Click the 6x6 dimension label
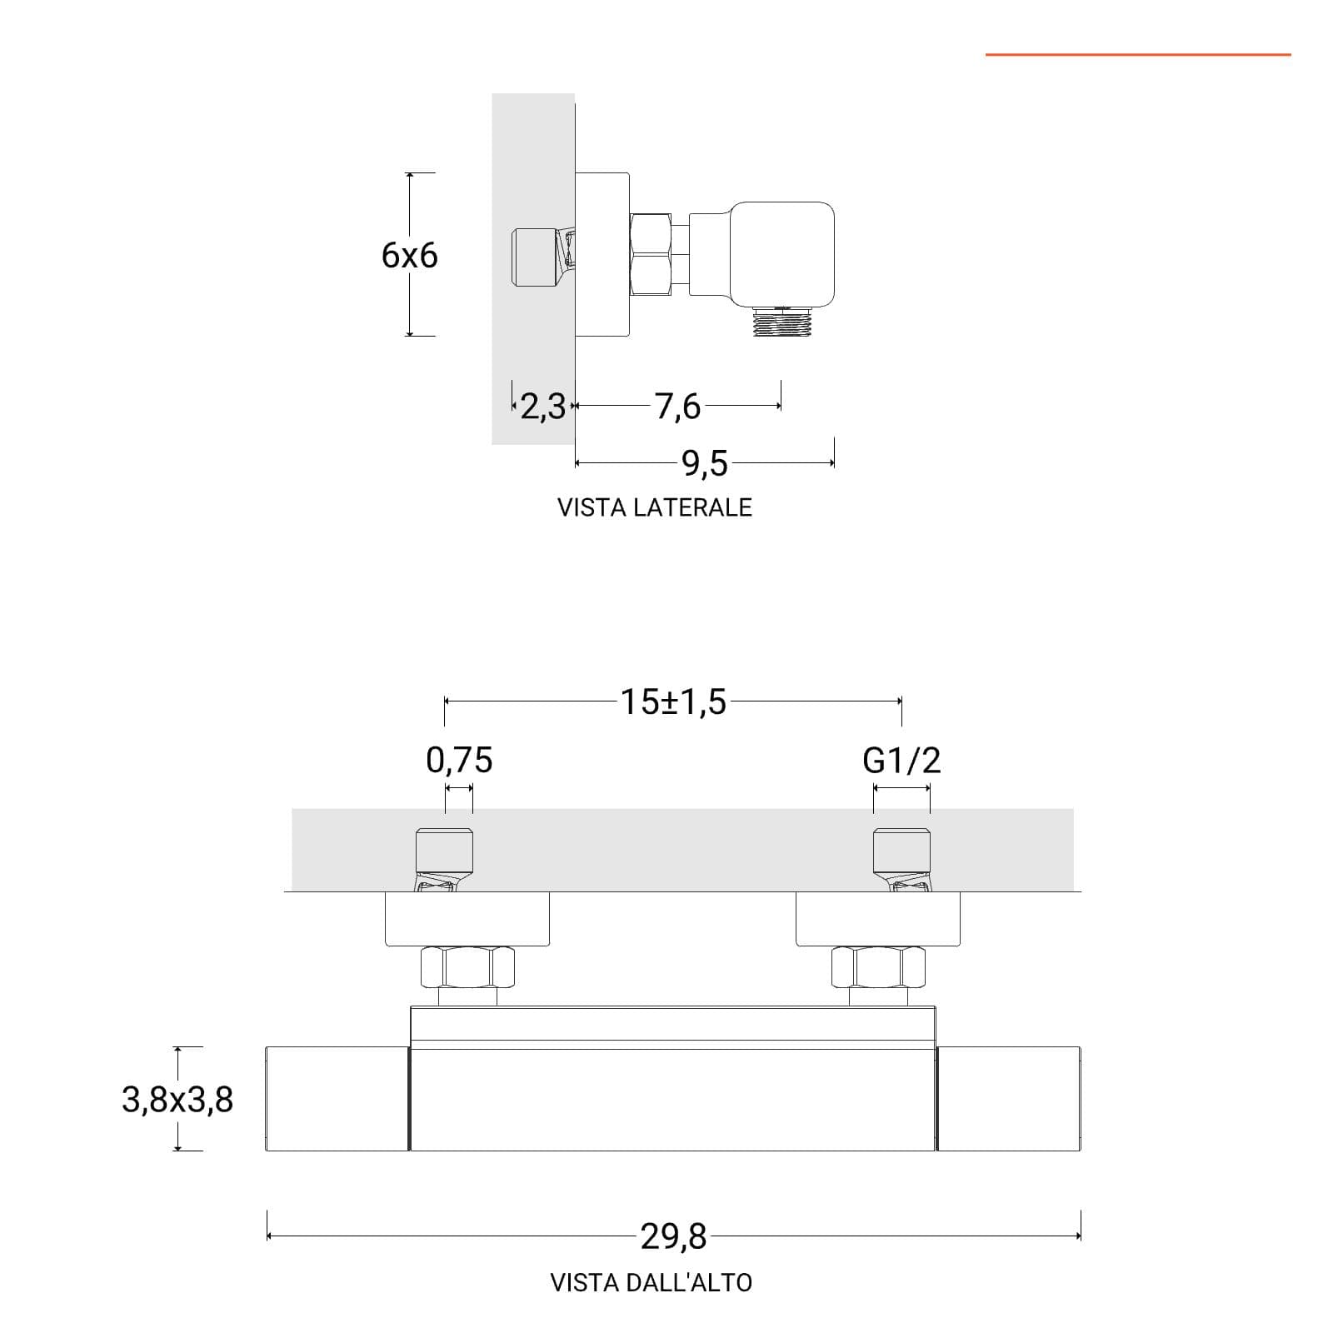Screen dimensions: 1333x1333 pyautogui.click(x=409, y=255)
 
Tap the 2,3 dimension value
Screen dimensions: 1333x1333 pyautogui.click(x=542, y=407)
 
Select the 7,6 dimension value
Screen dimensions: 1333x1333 pyautogui.click(x=677, y=407)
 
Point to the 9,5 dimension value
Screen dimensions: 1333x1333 pyautogui.click(x=705, y=463)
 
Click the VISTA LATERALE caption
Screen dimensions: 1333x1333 pyautogui.click(x=655, y=507)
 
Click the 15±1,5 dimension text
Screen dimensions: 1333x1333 pyautogui.click(x=673, y=702)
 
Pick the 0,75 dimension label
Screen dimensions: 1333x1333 pyautogui.click(x=459, y=760)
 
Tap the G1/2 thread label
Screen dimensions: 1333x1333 pyautogui.click(x=901, y=760)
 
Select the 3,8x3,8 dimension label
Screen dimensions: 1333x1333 pyautogui.click(x=177, y=1100)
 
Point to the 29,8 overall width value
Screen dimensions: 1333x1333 pyautogui.click(x=673, y=1237)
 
